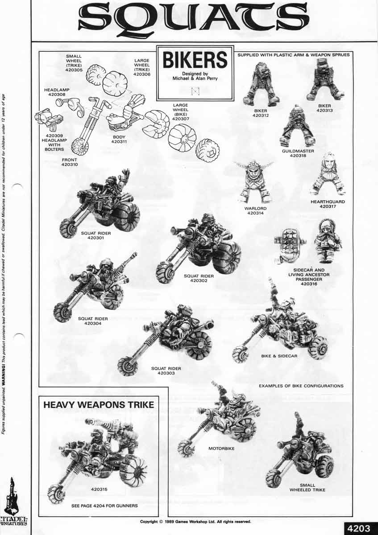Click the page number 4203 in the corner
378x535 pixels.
pos(358,528)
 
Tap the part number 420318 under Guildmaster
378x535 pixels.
pos(298,156)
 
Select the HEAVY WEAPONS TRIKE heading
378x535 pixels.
pos(99,405)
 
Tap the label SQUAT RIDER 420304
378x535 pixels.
pos(93,321)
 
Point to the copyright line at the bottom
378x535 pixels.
pos(195,521)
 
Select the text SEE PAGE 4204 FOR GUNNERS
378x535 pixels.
pos(104,506)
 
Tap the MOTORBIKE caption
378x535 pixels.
pos(221,448)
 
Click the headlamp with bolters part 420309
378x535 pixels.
pos(48,118)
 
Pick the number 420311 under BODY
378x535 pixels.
pos(119,142)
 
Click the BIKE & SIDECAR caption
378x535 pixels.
pos(279,356)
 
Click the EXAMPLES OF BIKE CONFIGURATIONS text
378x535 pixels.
pos(301,386)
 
